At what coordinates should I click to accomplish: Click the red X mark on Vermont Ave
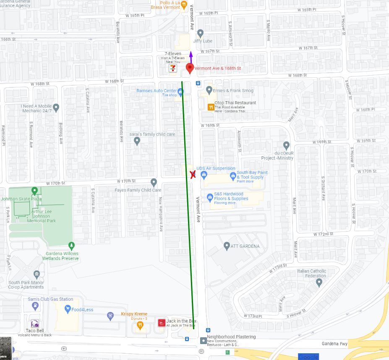[x=193, y=175]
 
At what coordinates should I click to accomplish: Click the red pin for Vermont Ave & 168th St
[x=190, y=68]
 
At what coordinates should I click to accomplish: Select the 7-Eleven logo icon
[x=172, y=68]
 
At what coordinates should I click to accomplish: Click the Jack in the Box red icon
[x=161, y=323]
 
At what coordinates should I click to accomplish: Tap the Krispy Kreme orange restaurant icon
[x=140, y=324]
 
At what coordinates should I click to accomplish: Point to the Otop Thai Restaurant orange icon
[x=211, y=107]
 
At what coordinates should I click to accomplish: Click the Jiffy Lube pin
[x=200, y=33]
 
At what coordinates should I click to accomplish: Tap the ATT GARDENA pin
[x=227, y=246]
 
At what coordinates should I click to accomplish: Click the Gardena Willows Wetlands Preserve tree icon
[x=71, y=245]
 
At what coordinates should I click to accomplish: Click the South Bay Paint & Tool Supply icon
[x=233, y=176]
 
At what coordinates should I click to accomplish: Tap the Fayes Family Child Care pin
[x=154, y=182]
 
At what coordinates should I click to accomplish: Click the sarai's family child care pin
[x=137, y=141]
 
